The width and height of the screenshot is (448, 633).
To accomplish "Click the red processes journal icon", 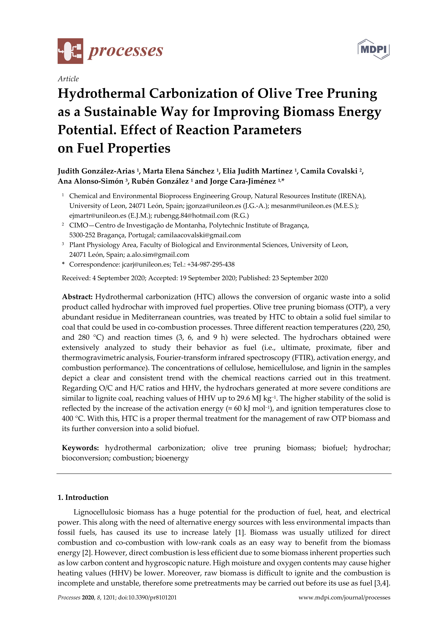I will [70, 51].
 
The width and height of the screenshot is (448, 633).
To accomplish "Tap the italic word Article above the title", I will [68, 79].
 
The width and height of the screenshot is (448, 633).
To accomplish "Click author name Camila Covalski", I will [329, 171].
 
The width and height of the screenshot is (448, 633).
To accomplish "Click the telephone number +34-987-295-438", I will [211, 265].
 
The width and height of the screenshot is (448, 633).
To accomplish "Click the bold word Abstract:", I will [77, 297].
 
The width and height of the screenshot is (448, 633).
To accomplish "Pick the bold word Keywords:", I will [80, 448].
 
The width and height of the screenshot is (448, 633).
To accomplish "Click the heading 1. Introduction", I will [83, 498].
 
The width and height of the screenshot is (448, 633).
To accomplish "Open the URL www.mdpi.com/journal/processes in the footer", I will [344, 598].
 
